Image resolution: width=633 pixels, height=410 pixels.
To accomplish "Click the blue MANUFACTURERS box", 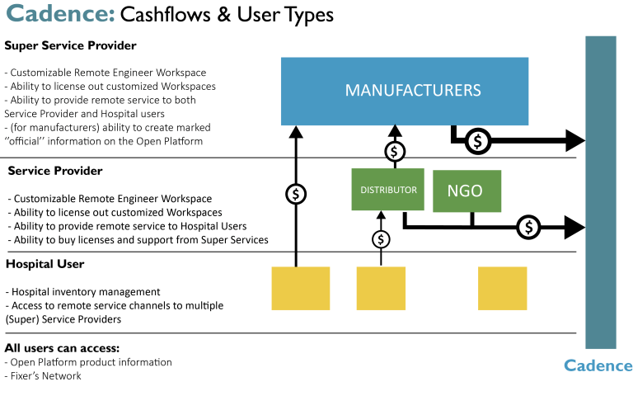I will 405,91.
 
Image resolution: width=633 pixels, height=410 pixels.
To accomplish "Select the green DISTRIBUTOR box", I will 387,190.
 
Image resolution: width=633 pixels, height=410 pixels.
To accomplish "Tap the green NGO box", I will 467,191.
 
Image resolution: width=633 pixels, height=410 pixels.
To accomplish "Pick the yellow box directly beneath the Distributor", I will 381,287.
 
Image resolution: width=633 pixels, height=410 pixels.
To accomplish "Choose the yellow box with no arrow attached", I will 502,287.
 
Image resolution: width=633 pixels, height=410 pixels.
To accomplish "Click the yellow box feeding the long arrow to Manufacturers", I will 301,287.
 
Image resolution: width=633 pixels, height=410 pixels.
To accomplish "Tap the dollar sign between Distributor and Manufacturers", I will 396,151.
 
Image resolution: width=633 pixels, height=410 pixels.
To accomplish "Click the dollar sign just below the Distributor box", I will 381,239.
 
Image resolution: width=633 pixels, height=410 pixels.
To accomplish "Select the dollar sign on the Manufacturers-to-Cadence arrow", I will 477,142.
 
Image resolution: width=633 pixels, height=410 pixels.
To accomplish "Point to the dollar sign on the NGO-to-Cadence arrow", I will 528,225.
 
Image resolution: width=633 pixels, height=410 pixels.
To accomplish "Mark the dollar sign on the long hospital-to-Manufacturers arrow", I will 296,194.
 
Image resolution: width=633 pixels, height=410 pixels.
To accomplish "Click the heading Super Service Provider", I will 70,45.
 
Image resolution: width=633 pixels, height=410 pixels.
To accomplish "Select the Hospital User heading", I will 45,264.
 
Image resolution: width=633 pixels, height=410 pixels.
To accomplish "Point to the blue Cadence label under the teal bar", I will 598,366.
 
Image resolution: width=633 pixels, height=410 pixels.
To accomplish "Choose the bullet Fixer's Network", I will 45,376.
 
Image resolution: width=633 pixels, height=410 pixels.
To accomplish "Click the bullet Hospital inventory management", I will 82,292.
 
